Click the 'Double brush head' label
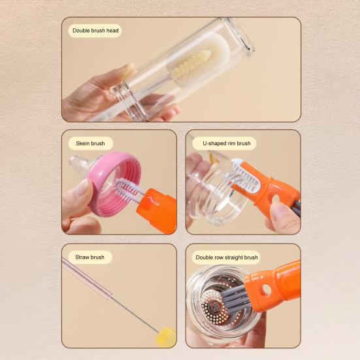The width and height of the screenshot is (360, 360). pyautogui.click(x=95, y=31)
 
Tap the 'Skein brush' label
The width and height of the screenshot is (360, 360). pyautogui.click(x=90, y=143)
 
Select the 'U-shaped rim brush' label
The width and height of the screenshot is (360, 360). pyautogui.click(x=226, y=143)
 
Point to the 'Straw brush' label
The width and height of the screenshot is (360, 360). pyautogui.click(x=90, y=257)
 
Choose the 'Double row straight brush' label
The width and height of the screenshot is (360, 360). pyautogui.click(x=227, y=257)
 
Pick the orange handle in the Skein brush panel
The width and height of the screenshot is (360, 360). pyautogui.click(x=157, y=210)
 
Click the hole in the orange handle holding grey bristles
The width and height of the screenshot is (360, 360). pyautogui.click(x=267, y=290)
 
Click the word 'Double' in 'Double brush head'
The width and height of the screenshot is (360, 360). pyautogui.click(x=80, y=31)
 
